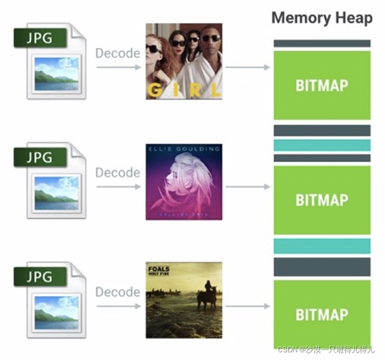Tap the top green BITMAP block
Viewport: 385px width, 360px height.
pos(322,85)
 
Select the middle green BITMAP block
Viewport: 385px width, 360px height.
pos(322,200)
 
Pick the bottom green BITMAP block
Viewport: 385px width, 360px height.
pos(322,314)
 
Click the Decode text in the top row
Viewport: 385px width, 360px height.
pos(117,53)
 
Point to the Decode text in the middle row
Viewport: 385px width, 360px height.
pos(117,172)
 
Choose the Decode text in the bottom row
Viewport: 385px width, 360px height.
pos(117,291)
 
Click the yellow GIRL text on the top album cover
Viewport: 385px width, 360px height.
pos(183,90)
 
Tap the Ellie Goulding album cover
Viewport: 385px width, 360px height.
pos(183,181)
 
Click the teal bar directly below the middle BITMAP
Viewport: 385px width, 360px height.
pos(322,246)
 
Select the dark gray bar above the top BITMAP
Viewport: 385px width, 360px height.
pos(322,43)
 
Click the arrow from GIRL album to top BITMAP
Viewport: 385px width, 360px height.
pos(247,67)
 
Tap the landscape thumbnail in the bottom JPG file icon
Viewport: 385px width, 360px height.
pos(56,309)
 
